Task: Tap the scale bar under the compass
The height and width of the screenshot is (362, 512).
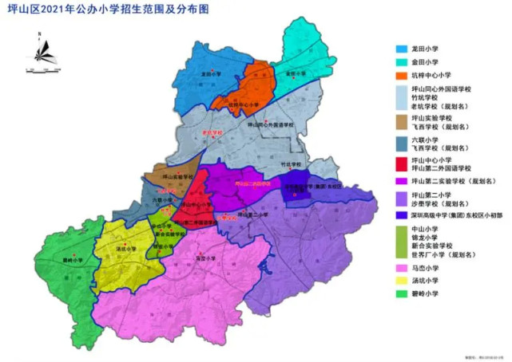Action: tap(41, 72)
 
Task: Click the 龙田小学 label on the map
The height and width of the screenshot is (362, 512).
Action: tap(211, 74)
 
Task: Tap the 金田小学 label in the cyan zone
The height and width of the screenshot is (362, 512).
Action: tap(296, 74)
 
